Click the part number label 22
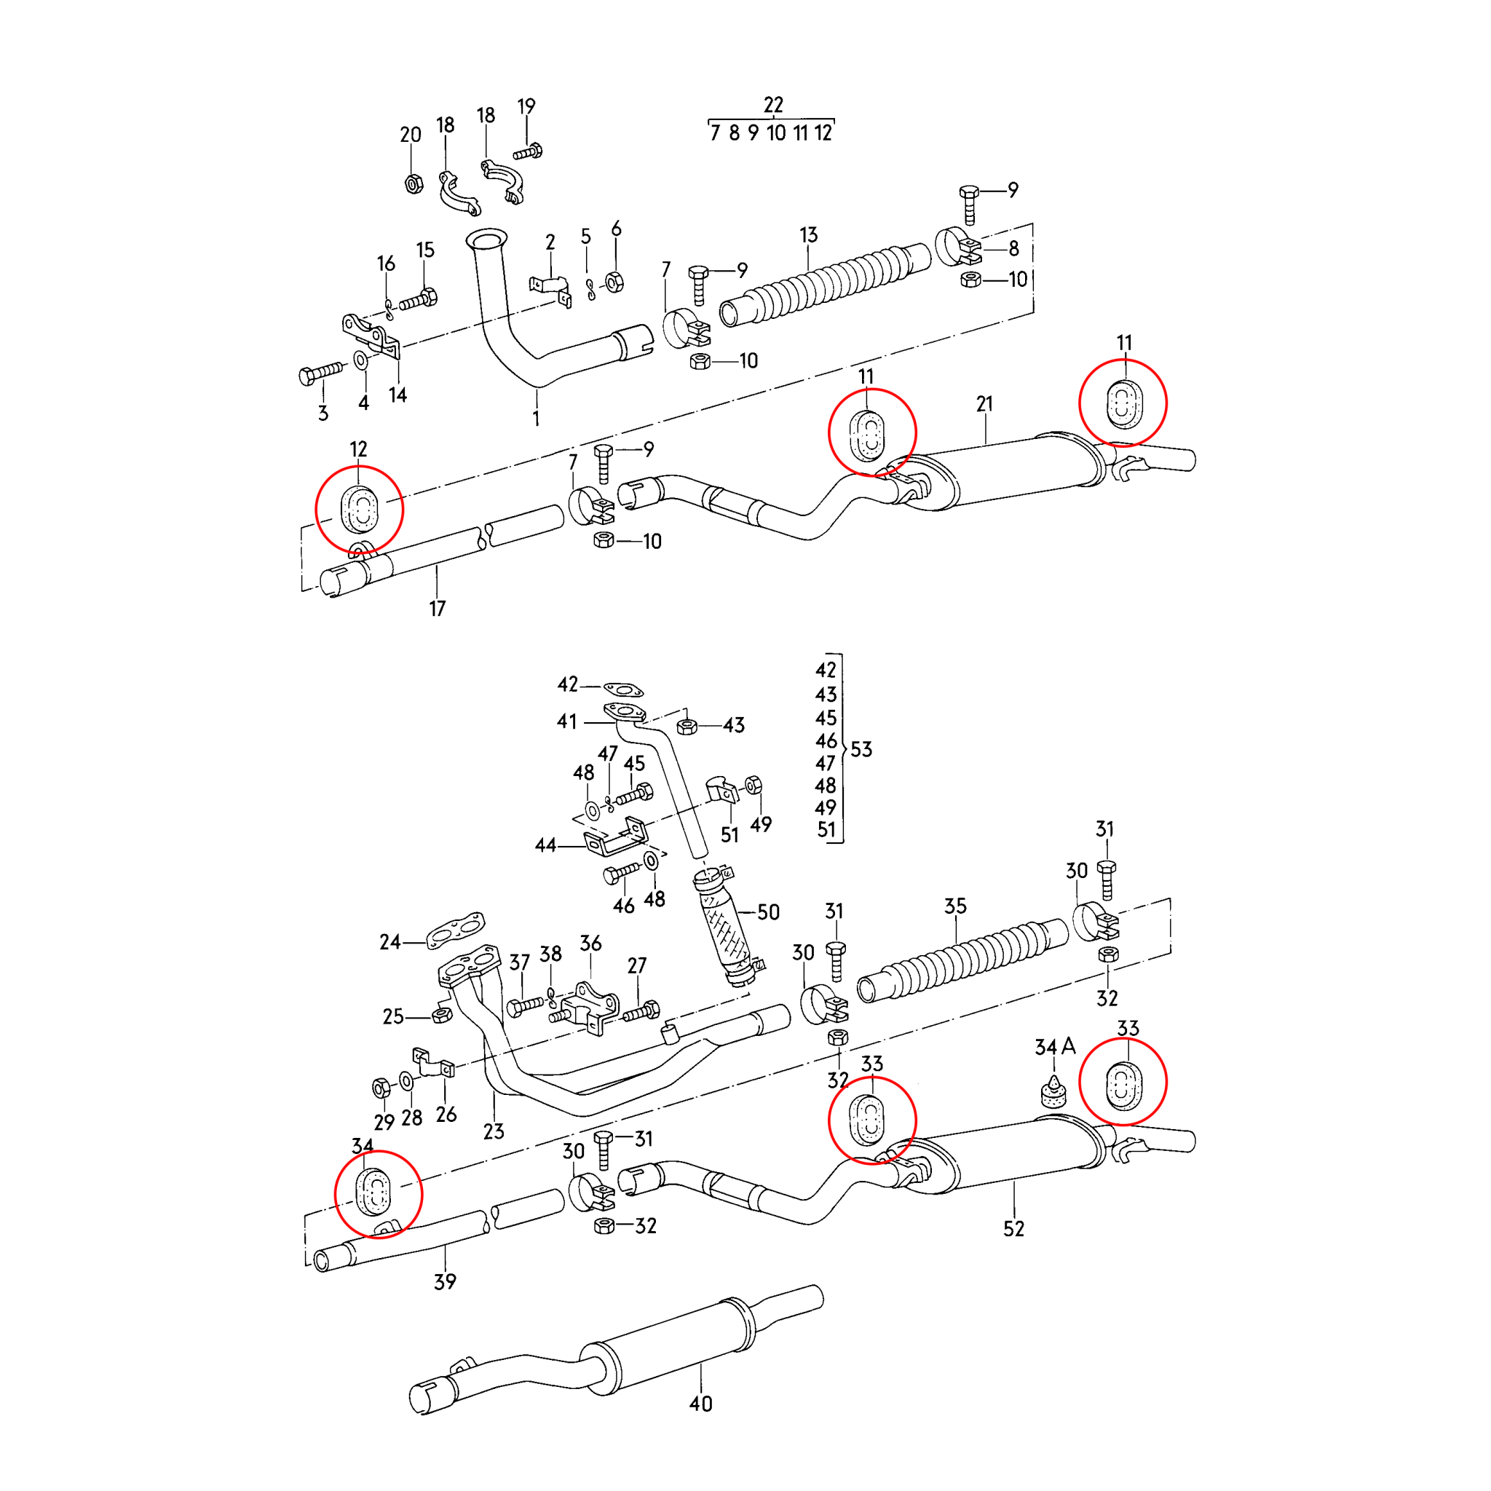coord(773,104)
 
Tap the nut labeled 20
coord(414,183)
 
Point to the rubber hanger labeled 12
coord(360,510)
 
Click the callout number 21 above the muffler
coord(984,403)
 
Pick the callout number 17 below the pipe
coord(438,608)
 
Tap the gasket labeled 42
coord(622,689)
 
